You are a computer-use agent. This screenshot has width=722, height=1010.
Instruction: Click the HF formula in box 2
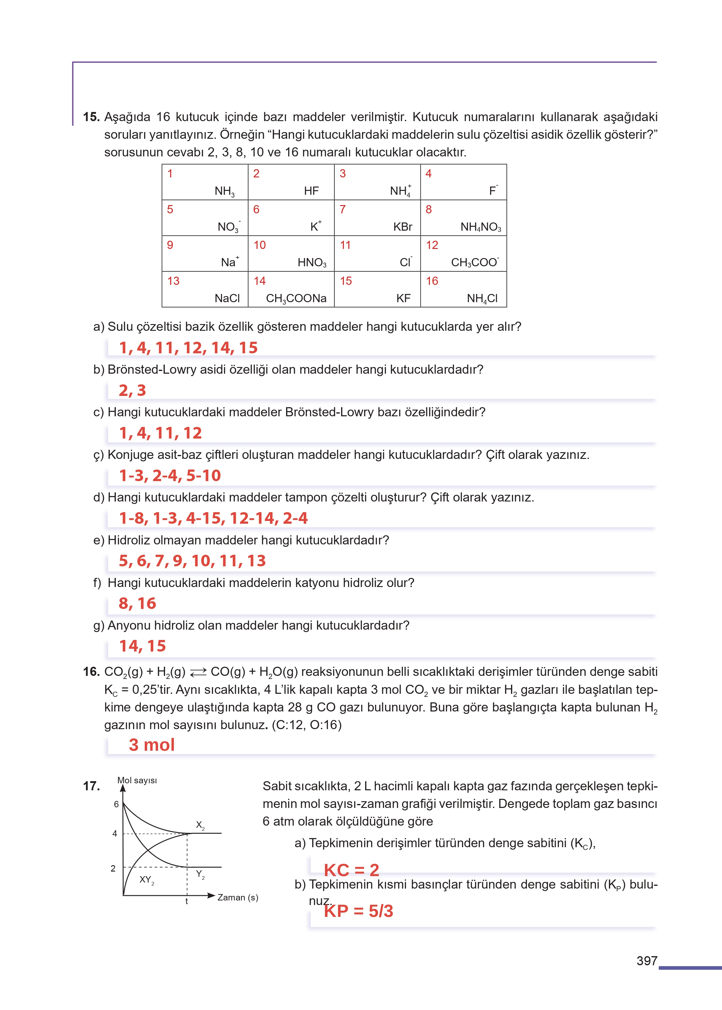311,191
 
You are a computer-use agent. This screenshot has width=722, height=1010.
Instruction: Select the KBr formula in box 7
402,227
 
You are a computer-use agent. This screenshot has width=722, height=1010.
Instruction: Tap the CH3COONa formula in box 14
296,299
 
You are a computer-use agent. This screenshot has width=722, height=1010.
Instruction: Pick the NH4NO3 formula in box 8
481,227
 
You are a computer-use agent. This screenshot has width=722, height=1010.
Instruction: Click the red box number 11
345,245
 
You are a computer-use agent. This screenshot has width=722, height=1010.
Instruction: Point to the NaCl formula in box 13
227,299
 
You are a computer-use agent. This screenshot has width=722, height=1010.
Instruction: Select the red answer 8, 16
137,604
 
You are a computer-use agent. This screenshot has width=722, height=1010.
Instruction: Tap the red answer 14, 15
142,646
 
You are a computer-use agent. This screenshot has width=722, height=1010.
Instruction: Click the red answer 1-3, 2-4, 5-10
170,476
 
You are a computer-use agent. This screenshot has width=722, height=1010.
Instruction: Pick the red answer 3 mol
152,745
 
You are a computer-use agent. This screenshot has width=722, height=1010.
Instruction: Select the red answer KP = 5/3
358,911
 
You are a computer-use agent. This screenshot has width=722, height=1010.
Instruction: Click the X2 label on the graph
200,825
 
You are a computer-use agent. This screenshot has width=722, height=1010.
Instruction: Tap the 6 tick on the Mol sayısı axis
116,805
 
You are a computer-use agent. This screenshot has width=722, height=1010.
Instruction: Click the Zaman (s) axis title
237,897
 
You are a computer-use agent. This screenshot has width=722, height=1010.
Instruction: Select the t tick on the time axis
187,901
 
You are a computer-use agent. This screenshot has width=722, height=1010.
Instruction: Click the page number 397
646,961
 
